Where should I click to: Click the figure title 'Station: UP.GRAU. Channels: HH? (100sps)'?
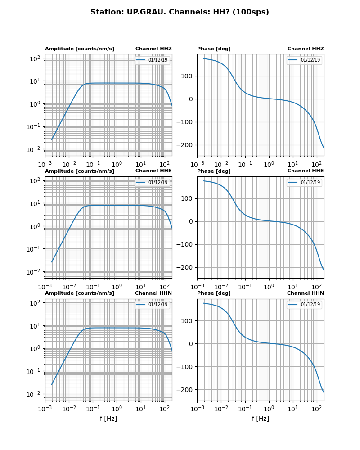tap(180, 12)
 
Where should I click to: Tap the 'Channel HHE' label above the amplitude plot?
tap(153, 171)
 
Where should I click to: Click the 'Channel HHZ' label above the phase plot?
tap(306, 49)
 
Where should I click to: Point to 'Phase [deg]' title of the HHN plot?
tap(214, 293)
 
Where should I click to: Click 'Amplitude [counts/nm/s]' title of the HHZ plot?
tap(79, 49)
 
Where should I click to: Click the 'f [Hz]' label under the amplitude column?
tap(108, 418)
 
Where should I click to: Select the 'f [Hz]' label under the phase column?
tap(260, 418)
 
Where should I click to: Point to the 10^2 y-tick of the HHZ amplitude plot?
tap(36, 58)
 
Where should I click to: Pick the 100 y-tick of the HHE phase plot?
tap(188, 198)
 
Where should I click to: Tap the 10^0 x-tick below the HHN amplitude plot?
tap(117, 409)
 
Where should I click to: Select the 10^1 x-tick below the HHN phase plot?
tap(293, 409)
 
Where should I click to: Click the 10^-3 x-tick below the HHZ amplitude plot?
tap(45, 165)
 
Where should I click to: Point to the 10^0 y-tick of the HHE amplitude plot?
tap(36, 226)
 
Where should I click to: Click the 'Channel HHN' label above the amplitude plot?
tap(153, 293)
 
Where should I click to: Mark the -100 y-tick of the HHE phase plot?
tap(185, 245)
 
